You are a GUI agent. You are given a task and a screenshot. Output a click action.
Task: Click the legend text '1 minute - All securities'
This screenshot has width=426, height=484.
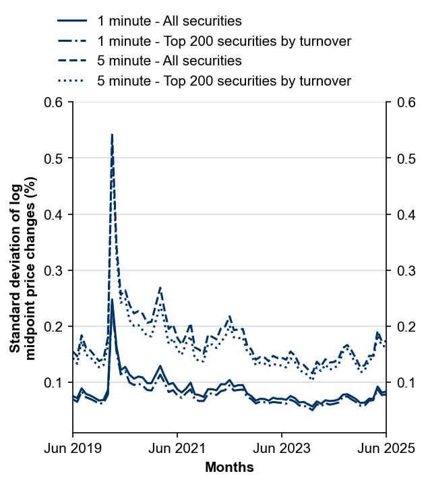(169, 22)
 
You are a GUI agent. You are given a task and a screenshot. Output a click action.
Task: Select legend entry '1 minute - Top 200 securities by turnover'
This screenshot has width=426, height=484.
(224, 41)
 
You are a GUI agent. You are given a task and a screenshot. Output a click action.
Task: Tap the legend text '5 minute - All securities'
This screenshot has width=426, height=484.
(169, 61)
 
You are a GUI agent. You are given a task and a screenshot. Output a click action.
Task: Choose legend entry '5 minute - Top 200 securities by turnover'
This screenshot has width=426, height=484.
(224, 81)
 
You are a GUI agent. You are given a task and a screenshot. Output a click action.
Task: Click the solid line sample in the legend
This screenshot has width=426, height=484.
(72, 22)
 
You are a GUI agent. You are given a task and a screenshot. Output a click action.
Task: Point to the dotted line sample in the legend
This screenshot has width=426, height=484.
(72, 81)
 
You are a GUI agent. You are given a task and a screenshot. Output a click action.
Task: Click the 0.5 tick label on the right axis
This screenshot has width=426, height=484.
(402, 158)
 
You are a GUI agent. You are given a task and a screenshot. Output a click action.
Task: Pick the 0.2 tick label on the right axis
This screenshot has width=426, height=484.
(402, 327)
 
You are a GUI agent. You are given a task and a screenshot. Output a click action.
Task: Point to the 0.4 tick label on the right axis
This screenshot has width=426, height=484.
(402, 214)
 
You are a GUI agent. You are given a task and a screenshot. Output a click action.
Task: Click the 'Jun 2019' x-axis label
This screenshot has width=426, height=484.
(73, 448)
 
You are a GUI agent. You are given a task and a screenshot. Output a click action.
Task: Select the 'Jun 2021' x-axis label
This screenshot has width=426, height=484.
(177, 448)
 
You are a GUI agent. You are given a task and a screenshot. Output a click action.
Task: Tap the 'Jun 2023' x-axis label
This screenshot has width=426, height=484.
(282, 448)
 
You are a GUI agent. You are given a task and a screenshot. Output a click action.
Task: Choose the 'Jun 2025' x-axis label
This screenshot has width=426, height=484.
(386, 448)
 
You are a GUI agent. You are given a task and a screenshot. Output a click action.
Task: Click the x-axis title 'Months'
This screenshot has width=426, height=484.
(229, 467)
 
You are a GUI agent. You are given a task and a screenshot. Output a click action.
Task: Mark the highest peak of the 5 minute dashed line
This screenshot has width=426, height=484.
(112, 135)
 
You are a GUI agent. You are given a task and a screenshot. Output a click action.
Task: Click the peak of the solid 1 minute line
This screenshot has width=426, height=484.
(112, 301)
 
